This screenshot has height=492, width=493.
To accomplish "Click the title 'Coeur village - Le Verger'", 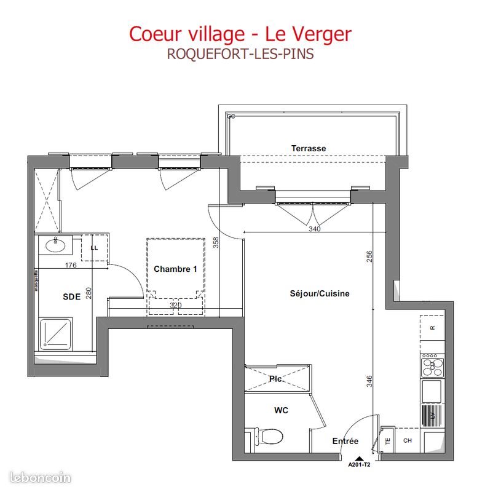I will (x=240, y=33).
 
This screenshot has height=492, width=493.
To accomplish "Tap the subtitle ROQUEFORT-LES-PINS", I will (x=240, y=54).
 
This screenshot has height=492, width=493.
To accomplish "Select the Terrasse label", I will (x=309, y=148).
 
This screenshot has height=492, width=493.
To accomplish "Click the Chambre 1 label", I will (x=175, y=269).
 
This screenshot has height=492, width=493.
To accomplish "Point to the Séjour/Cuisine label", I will (x=319, y=293).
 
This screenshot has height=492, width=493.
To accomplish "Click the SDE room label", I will (x=71, y=296).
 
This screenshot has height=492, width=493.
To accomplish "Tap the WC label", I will (x=281, y=410).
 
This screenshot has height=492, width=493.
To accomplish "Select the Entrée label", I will (x=345, y=441).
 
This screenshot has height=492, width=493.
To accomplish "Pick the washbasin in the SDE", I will (x=57, y=246).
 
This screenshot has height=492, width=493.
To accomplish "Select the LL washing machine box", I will (x=95, y=247).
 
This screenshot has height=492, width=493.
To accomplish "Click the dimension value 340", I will (x=314, y=229).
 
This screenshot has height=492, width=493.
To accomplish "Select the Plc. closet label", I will (x=275, y=379).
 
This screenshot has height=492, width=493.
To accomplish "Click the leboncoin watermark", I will (x=41, y=477).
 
